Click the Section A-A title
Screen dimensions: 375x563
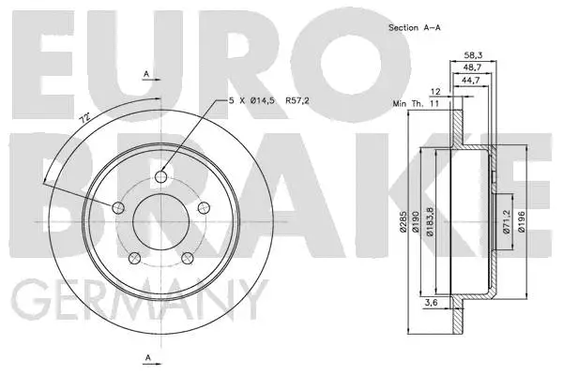pos(415,28)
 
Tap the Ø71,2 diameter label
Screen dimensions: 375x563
pos(503,222)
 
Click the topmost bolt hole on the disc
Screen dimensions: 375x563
pos(160,176)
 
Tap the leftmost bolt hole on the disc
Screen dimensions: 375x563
pos(118,207)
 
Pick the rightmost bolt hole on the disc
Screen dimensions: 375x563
pos(203,207)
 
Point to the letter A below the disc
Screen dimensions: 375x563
pos(146,358)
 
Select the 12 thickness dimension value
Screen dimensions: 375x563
pos(435,91)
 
